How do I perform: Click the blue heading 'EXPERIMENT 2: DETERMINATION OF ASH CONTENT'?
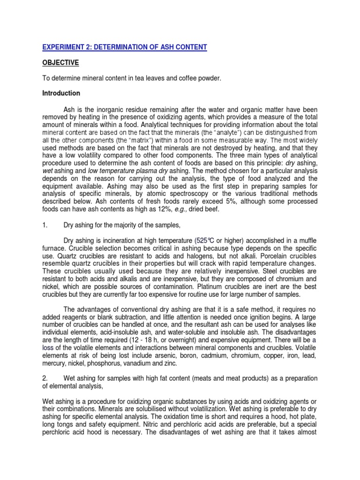click(124, 47)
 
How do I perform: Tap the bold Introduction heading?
click(61, 93)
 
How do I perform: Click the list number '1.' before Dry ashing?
click(45, 225)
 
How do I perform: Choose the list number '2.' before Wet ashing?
click(45, 378)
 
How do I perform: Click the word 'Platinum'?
click(201, 287)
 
